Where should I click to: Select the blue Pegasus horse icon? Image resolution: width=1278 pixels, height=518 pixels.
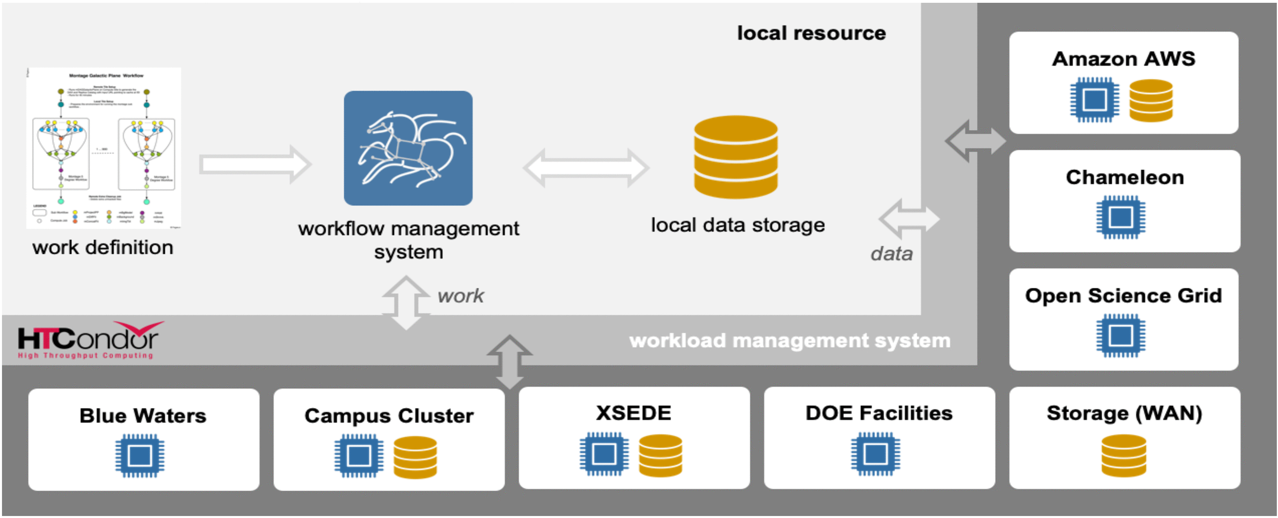tap(408, 148)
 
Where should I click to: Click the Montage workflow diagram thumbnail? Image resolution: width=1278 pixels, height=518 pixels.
tap(103, 148)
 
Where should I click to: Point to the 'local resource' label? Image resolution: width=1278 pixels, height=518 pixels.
tap(811, 33)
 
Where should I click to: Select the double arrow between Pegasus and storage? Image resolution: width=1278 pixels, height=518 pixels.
tap(586, 168)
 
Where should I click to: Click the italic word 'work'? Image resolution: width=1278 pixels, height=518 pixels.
tap(461, 296)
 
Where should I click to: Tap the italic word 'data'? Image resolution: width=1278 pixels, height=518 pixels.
tap(891, 253)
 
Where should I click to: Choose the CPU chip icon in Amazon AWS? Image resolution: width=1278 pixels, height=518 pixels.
tap(1094, 100)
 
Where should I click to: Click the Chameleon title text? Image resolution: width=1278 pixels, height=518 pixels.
tap(1124, 177)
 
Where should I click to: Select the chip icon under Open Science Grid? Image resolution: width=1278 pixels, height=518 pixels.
tap(1120, 336)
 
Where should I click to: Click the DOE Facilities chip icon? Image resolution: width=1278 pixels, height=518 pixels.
tap(875, 453)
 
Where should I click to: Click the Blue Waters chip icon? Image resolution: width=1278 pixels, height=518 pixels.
tap(140, 455)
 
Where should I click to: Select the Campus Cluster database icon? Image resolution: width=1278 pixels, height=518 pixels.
tap(415, 457)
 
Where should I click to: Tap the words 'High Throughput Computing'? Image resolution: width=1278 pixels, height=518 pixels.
tap(85, 355)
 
